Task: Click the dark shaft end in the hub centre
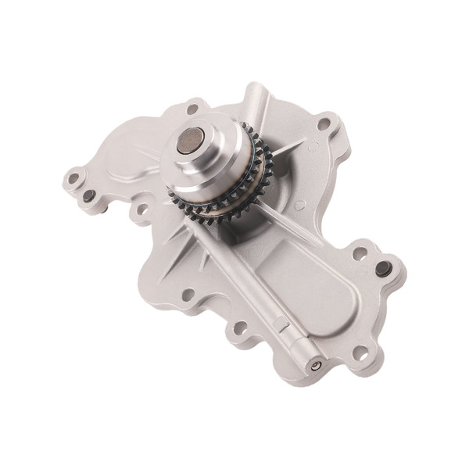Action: tap(191, 141)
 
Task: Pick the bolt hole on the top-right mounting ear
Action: tap(323, 123)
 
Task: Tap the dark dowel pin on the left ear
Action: tap(90, 195)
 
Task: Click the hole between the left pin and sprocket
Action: tap(141, 209)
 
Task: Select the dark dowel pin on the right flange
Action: tap(382, 268)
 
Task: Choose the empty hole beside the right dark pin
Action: tap(360, 253)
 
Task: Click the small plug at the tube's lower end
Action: tap(316, 366)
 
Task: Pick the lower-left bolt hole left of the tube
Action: tap(188, 295)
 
